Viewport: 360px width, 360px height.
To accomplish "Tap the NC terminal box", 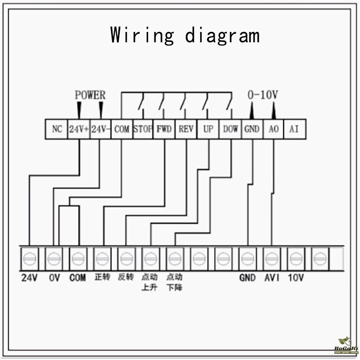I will [x=57, y=129].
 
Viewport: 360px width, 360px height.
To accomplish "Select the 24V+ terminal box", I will [x=79, y=129].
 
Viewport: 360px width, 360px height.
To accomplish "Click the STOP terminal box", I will [x=143, y=129].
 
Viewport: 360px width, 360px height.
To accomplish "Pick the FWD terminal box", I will [x=164, y=129].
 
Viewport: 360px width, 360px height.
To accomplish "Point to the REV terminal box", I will [x=186, y=129].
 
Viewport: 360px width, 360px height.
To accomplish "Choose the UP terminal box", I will [x=208, y=129].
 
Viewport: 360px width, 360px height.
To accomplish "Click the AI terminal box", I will [x=294, y=129].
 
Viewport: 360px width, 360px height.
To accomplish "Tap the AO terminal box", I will [x=273, y=129].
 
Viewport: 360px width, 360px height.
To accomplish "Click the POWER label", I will [x=90, y=95].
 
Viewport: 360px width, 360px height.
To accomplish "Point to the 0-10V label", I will [x=263, y=95].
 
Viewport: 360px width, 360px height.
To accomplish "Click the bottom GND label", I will [x=247, y=278].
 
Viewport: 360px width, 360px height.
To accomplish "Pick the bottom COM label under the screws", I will [x=77, y=278].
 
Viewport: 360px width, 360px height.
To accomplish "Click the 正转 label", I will [x=102, y=277].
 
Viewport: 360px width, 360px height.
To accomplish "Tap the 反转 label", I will [x=126, y=277].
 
